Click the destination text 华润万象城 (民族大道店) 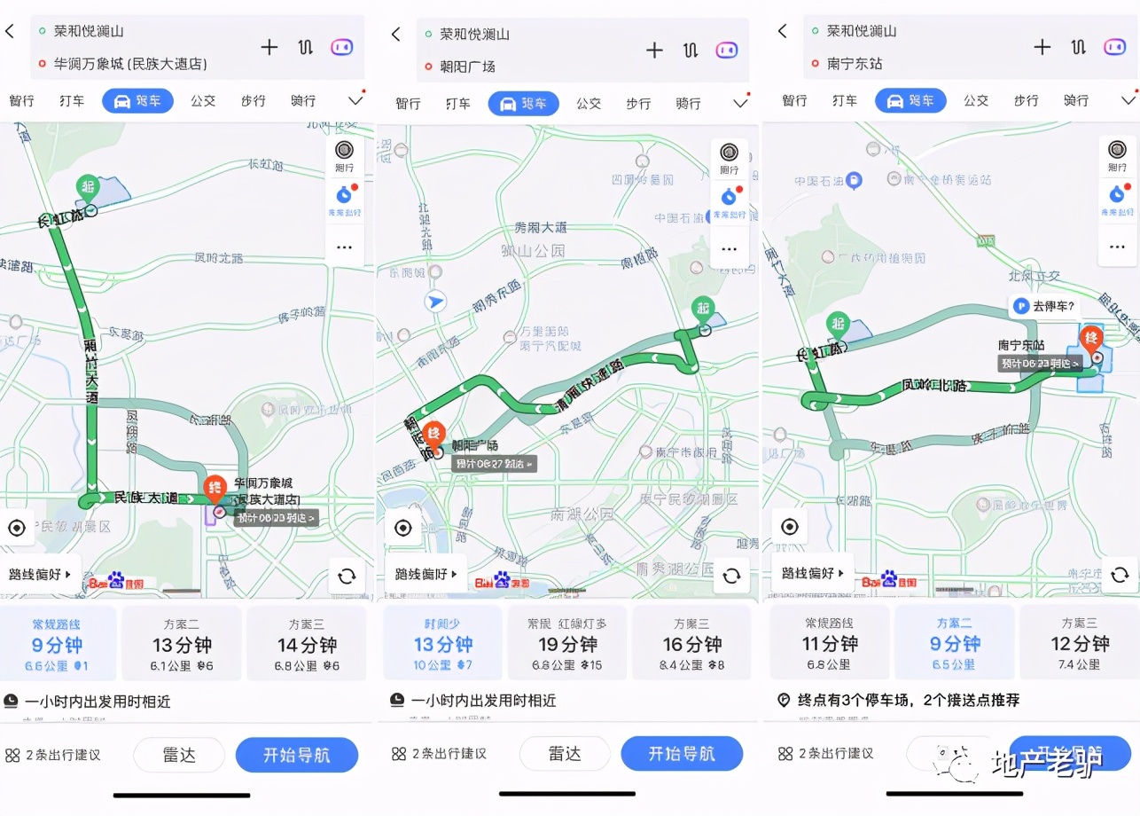130,64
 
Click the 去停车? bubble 1045,307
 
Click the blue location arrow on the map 434,302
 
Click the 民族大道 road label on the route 146,498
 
